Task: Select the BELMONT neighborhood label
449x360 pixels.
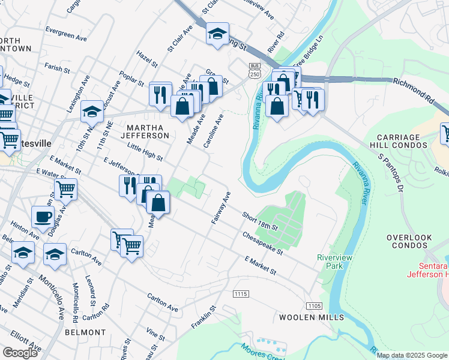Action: click(x=86, y=332)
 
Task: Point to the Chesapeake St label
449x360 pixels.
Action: click(x=263, y=243)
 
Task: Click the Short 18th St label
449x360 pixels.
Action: click(x=260, y=221)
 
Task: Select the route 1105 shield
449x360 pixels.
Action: click(x=314, y=306)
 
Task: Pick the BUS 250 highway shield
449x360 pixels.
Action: click(x=254, y=70)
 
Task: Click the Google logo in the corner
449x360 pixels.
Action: click(x=20, y=352)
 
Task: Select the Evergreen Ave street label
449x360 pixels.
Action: click(x=66, y=35)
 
